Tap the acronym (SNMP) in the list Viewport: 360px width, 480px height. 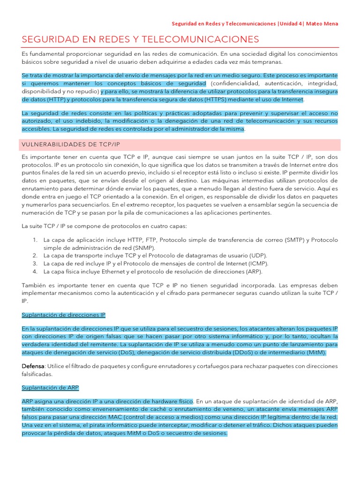click(145, 247)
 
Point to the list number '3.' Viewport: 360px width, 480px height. click(35, 263)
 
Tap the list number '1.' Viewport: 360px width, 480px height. click(35, 240)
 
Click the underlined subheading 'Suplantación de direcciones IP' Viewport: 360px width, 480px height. click(64, 315)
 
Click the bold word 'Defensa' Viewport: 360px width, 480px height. click(33, 366)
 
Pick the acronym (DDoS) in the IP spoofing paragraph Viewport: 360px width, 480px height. click(226, 352)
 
